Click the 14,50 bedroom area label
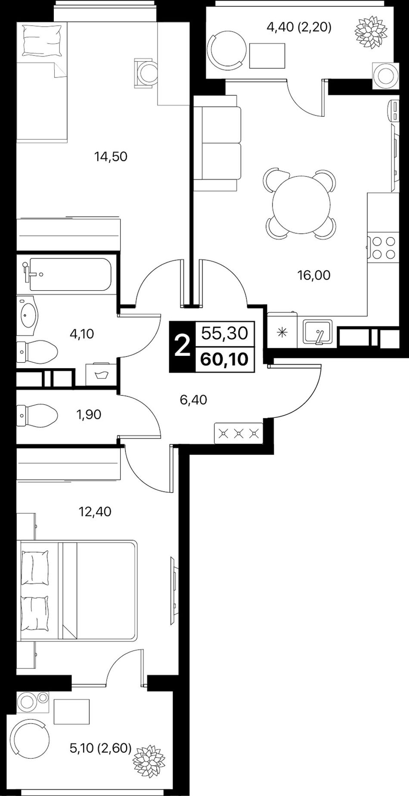(111, 156)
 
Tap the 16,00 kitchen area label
(314, 275)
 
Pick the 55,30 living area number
(225, 333)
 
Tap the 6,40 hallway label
(193, 400)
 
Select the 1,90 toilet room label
(88, 414)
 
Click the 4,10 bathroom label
(82, 333)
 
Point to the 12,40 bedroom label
(95, 512)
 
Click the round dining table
(301, 205)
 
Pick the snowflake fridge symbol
(282, 332)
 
